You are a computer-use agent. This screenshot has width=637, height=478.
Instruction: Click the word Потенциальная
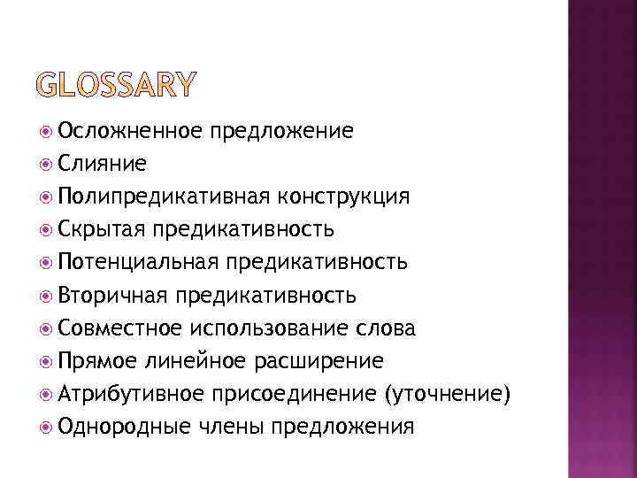coord(137,263)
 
